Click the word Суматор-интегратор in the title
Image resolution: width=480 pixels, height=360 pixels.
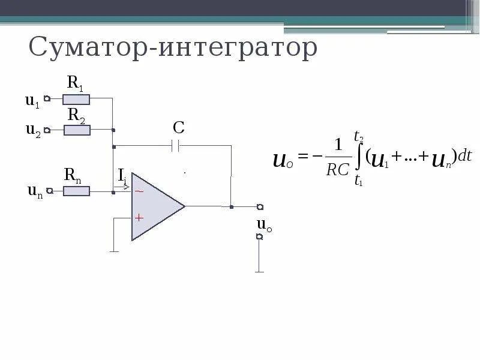173,47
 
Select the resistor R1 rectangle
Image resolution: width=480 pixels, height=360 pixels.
77,100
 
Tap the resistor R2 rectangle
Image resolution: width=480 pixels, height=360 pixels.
77,130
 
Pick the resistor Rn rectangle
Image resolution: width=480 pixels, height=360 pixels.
77,191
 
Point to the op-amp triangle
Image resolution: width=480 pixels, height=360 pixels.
155,206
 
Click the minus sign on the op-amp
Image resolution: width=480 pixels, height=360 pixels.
139,191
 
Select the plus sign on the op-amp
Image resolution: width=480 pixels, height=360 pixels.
139,218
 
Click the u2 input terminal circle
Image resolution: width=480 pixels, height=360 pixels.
47,129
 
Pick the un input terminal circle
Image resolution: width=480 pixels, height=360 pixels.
50,191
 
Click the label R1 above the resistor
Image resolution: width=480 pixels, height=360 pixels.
75,83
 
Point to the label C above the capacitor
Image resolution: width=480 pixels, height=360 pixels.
178,127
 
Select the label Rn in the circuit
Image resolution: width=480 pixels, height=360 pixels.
73,175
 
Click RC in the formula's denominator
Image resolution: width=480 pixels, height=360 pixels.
338,170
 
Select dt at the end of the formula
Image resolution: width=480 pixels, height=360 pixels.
464,156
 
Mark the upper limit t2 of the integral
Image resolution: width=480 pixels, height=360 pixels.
358,136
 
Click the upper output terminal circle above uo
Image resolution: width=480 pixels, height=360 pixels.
260,207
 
